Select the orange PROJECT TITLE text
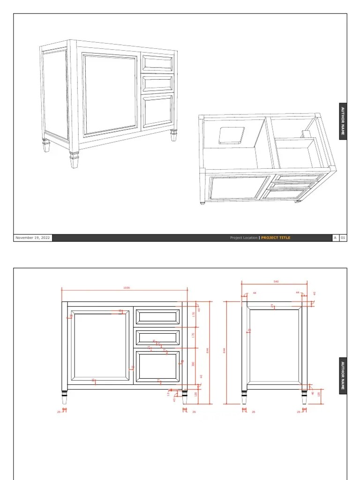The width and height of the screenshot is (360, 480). tap(276, 238)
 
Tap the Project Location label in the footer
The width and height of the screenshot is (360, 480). tap(243, 238)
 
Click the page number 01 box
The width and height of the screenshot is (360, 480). tap(343, 238)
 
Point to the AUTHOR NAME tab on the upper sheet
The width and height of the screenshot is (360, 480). tap(343, 120)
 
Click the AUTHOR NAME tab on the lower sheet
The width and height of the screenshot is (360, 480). tap(343, 375)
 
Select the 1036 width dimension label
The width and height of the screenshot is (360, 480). tap(126, 288)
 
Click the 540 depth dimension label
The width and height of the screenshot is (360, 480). tap(276, 282)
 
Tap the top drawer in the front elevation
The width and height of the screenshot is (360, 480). tap(157, 317)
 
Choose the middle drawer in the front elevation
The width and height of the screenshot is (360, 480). tap(157, 337)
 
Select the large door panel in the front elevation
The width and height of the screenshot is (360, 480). tap(99, 345)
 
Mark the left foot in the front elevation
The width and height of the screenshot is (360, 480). tap(65, 397)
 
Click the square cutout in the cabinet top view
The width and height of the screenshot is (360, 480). tap(232, 135)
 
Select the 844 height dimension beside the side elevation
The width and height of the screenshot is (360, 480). tap(225, 351)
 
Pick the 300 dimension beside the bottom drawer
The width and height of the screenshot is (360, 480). tap(193, 364)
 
